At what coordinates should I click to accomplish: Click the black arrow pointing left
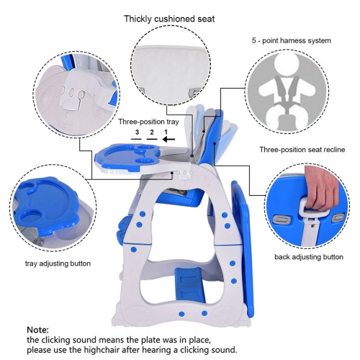pos(171,140)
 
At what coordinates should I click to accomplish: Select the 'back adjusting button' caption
pos(307,256)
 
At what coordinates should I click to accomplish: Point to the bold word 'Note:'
pos(39,328)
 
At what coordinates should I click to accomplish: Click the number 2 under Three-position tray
pos(151,133)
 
